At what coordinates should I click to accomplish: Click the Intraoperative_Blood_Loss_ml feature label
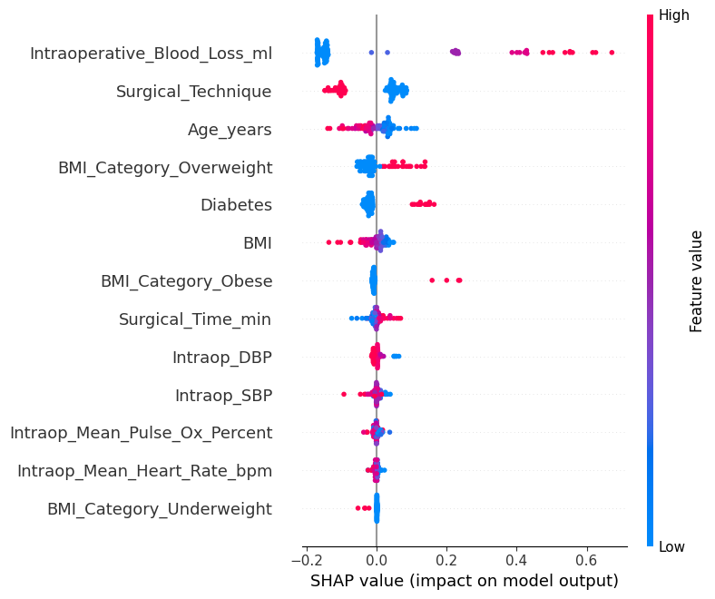coord(151,54)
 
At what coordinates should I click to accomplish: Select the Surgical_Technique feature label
coord(193,92)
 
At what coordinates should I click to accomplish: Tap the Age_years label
coord(230,130)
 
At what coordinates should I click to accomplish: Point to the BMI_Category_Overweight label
coord(164,168)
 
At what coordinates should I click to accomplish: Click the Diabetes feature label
coord(236,205)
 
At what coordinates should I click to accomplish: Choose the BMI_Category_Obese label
coord(186,281)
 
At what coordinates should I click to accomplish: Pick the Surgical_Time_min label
coord(195,319)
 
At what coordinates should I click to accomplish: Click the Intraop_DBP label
coord(221,358)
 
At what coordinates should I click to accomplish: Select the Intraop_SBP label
coord(223,396)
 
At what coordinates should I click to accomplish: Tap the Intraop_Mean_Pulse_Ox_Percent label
coord(141,433)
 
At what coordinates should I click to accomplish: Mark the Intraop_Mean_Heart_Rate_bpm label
coord(144,471)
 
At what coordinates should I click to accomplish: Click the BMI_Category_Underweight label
coord(159,509)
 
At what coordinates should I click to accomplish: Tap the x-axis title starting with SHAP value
coord(464,581)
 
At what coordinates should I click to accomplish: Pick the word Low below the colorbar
coord(672,546)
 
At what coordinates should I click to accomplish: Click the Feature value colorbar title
coord(697,281)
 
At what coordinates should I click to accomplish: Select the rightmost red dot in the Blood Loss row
coord(612,53)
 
